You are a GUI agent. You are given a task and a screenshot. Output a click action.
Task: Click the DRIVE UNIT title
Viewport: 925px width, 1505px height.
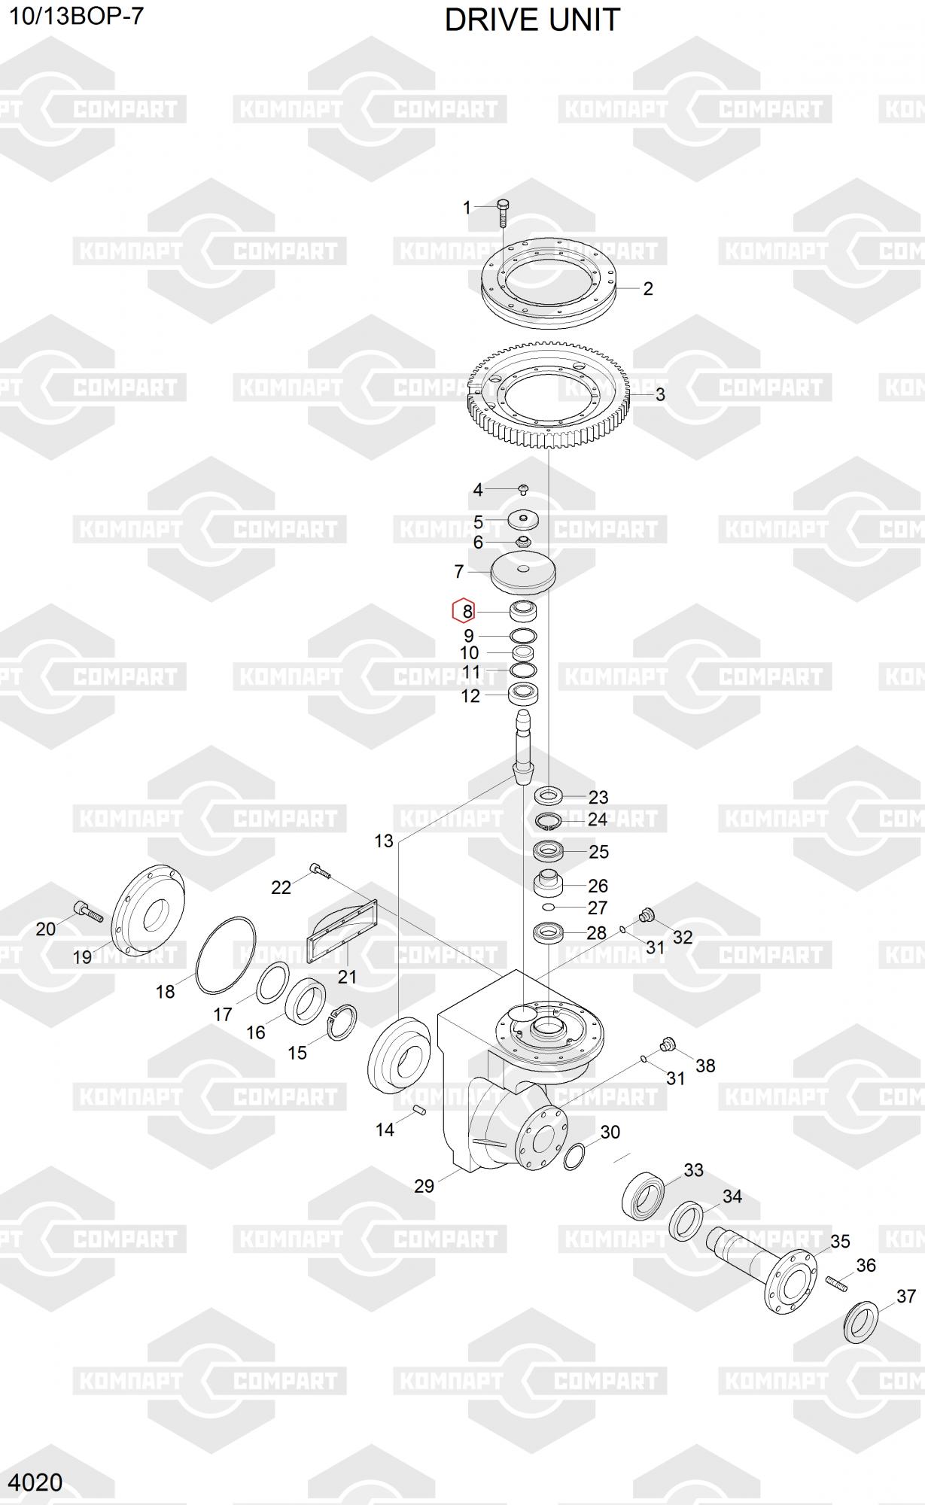532,20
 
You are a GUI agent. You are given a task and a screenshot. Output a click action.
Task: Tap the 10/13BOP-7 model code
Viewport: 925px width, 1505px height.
76,17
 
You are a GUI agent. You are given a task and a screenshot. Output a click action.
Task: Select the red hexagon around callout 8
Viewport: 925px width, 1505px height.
463,611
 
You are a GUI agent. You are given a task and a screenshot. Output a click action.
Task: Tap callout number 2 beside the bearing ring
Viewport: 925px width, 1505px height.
648,288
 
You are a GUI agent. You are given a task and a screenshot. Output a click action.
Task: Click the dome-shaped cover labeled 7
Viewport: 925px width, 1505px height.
523,572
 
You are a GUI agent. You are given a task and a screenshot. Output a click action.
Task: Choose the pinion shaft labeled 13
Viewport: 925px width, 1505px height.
523,749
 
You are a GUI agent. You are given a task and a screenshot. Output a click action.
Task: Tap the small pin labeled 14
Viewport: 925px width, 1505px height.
420,1110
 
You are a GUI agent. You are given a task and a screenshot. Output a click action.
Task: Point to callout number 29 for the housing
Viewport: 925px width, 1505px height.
424,1186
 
